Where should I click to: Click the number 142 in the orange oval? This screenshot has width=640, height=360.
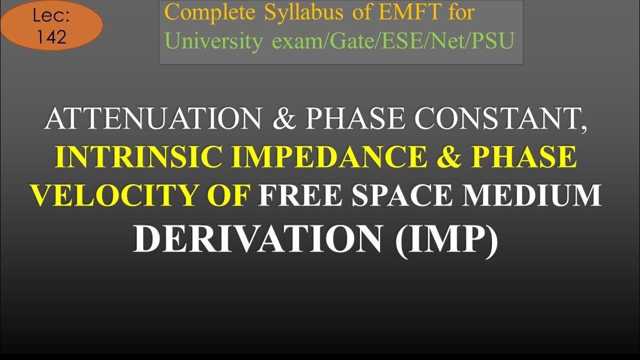pyautogui.click(x=51, y=37)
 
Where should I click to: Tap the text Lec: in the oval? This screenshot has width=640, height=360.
pyautogui.click(x=51, y=16)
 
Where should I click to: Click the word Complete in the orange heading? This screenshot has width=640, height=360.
pyautogui.click(x=210, y=13)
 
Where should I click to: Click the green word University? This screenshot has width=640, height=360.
pyautogui.click(x=213, y=42)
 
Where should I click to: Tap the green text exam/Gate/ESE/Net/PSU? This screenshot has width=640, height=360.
pyautogui.click(x=393, y=42)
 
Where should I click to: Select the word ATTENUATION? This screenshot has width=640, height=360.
pyautogui.click(x=152, y=119)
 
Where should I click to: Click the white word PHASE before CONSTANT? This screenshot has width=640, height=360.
pyautogui.click(x=356, y=119)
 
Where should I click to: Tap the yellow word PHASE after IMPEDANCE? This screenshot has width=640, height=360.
pyautogui.click(x=524, y=157)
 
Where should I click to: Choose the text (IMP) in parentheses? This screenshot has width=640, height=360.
pyautogui.click(x=446, y=238)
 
